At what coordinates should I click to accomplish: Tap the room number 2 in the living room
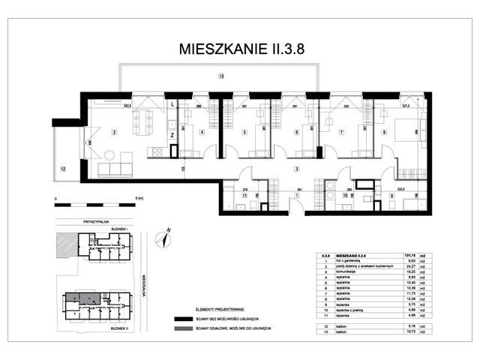coord(114,133)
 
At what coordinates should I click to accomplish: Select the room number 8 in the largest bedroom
coord(384,133)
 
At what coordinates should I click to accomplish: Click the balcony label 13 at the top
coord(220,76)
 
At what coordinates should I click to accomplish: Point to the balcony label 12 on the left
coord(63,169)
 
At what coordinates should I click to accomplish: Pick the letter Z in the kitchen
coord(172,135)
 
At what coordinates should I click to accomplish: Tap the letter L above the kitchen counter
coord(172,104)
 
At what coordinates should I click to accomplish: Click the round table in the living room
coord(109,156)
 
